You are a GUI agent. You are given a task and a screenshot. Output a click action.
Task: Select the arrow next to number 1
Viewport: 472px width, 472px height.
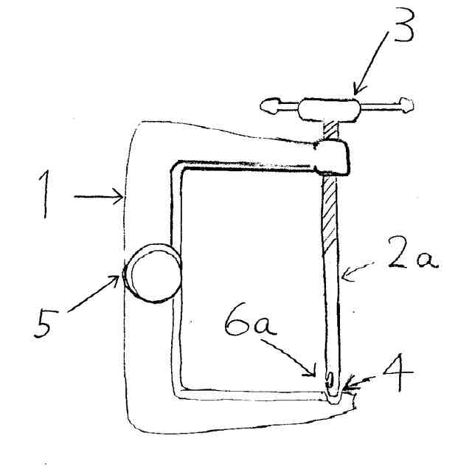point(99,196)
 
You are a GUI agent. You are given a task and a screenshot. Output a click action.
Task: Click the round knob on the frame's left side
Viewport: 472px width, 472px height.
point(153,274)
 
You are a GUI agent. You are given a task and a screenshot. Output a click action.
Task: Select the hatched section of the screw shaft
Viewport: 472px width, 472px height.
point(328,221)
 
